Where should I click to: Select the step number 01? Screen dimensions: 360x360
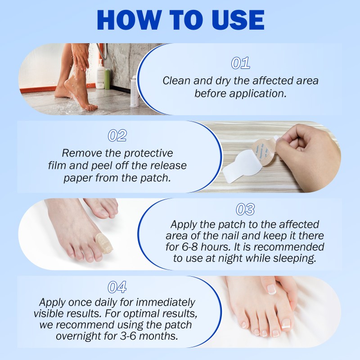(240, 63)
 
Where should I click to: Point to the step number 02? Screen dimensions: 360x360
(117, 135)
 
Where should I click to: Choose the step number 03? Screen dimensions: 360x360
(245, 209)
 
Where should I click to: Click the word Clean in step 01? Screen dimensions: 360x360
(176, 81)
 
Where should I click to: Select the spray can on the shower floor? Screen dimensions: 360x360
(133, 92)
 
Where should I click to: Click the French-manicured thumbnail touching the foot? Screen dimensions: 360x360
(272, 289)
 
